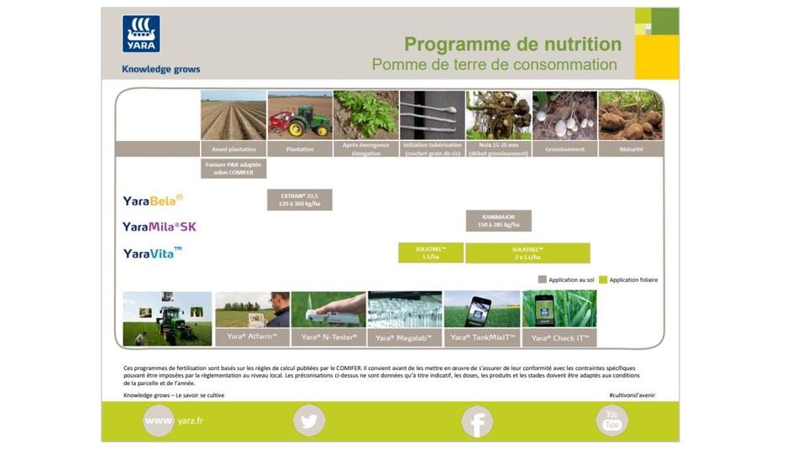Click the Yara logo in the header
141,34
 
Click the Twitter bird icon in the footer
309,420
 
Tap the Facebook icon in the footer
476,420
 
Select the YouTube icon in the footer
611,420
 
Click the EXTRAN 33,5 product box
300,200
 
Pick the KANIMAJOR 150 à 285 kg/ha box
499,221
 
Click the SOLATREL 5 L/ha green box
431,253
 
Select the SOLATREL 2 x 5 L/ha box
527,253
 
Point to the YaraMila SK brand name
159,227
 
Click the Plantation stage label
300,149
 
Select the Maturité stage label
631,149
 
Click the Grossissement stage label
564,149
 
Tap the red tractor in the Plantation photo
290,122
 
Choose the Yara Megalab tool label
404,337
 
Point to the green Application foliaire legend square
603,279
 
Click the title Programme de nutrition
512,44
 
